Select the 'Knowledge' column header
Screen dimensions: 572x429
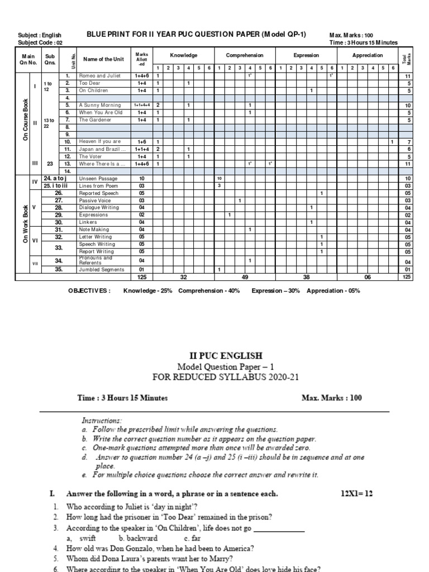click(x=183, y=55)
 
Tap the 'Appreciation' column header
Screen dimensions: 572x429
click(x=368, y=55)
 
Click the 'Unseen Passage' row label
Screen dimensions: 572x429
click(x=98, y=178)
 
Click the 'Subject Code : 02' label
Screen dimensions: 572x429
click(x=40, y=42)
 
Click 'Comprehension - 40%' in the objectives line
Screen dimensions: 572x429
click(x=212, y=290)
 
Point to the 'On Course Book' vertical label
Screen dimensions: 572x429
click(x=25, y=120)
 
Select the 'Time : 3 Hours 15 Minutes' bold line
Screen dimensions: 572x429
click(x=122, y=398)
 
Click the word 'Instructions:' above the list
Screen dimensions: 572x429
click(x=101, y=420)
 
